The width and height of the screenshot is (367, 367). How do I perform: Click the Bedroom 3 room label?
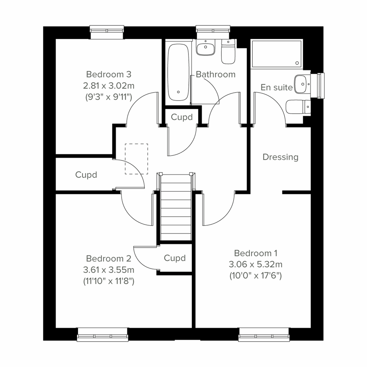[x=109, y=74]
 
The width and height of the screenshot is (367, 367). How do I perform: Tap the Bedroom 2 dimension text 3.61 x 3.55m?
[x=109, y=270]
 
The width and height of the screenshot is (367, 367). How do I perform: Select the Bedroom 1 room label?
[x=255, y=253]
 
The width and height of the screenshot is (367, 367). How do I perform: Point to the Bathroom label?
[x=216, y=74]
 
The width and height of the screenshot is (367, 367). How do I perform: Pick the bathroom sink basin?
[x=205, y=48]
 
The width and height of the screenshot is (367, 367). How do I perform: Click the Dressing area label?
[x=280, y=157]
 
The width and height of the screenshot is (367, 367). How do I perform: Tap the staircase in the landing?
[x=176, y=208]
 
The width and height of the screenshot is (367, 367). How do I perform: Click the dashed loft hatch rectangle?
[x=136, y=159]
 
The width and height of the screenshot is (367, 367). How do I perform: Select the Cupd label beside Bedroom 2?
[x=175, y=258]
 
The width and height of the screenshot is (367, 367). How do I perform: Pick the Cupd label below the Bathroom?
[x=182, y=117]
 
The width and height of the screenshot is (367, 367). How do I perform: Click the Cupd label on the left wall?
[x=86, y=175]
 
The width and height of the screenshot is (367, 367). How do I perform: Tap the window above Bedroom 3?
[x=107, y=32]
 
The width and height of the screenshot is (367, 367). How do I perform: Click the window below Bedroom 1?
[x=264, y=335]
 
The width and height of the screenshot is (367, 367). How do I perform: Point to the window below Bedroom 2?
[x=102, y=335]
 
